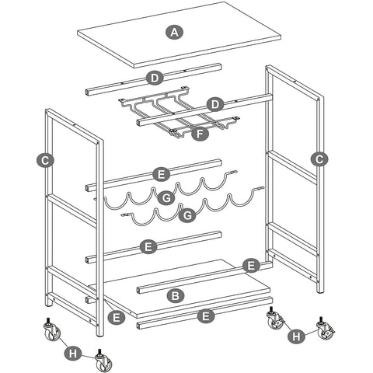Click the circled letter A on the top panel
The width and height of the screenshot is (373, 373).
pos(174,32)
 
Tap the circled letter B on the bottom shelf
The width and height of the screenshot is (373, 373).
pos(176,295)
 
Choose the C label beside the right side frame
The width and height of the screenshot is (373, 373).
pos(318,159)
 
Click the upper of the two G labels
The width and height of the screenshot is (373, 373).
pos(166,199)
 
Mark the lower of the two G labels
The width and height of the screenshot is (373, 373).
pos(186,214)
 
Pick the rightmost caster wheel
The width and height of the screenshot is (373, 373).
pos(326,334)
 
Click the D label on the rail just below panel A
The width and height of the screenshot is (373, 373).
pos(155,78)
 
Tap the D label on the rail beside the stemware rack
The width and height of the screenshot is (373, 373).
pos(217,103)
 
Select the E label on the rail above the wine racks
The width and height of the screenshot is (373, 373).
pos(162,174)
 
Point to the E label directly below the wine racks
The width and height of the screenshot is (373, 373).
pos(149,247)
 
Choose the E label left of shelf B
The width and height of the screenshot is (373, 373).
pos(117,317)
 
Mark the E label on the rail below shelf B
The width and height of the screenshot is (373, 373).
pos(205,316)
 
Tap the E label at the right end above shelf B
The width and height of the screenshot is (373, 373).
pos(249,266)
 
